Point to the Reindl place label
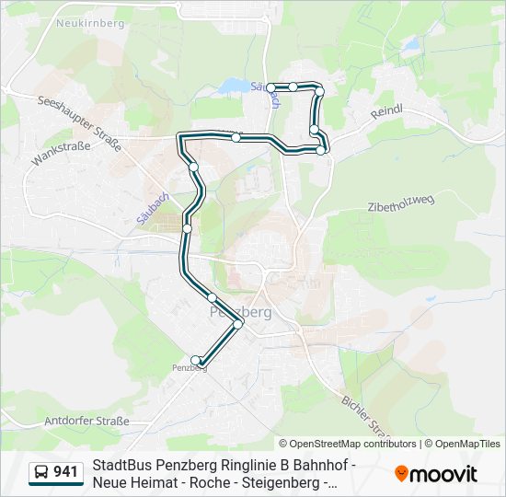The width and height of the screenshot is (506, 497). point(387,110)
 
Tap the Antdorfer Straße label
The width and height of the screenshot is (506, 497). point(87,421)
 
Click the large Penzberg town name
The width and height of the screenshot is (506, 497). point(241,311)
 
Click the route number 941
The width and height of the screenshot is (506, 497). point(65,472)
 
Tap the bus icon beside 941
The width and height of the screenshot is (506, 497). point(41,473)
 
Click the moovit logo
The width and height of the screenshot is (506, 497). point(436,473)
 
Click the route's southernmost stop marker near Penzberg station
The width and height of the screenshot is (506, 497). point(195,360)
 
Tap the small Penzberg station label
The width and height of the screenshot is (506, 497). point(190,368)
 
